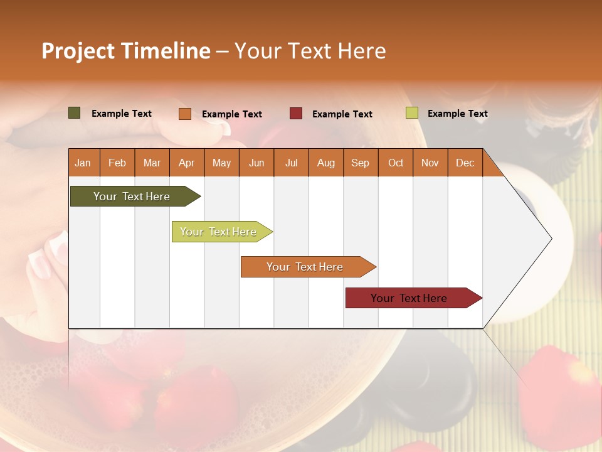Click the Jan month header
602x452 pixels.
[83, 163]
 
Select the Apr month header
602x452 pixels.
[187, 163]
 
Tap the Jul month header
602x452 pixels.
[291, 163]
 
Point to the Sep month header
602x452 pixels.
[361, 163]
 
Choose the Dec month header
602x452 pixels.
[465, 163]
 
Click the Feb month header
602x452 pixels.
[117, 163]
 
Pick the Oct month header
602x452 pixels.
[396, 163]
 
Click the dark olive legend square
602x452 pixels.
[75, 113]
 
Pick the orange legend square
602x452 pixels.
[185, 114]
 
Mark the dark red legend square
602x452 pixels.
[296, 113]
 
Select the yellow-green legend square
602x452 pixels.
[412, 113]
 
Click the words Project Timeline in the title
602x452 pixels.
[126, 51]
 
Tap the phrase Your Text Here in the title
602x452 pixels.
[310, 51]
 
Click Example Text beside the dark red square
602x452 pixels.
[342, 114]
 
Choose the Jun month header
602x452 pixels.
[256, 163]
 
